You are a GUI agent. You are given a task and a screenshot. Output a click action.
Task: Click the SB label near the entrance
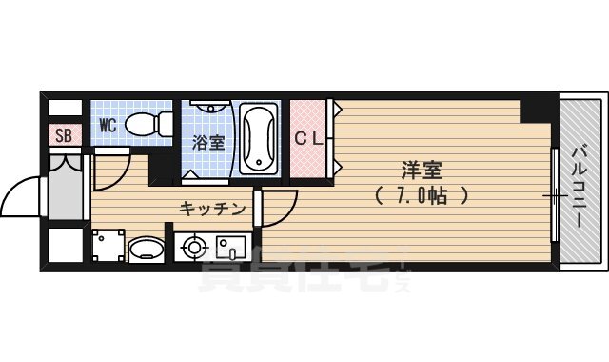64,134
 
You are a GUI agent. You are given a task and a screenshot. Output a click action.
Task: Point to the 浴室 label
207,143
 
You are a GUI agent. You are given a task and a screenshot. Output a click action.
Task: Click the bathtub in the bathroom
259,139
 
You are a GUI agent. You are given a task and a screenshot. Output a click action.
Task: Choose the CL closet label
309,137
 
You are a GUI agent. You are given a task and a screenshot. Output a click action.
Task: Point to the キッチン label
213,208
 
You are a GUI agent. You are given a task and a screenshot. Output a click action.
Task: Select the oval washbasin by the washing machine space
146,251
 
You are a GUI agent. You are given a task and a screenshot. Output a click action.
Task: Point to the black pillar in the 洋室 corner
534,111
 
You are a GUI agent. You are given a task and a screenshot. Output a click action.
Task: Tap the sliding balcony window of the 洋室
553,194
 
